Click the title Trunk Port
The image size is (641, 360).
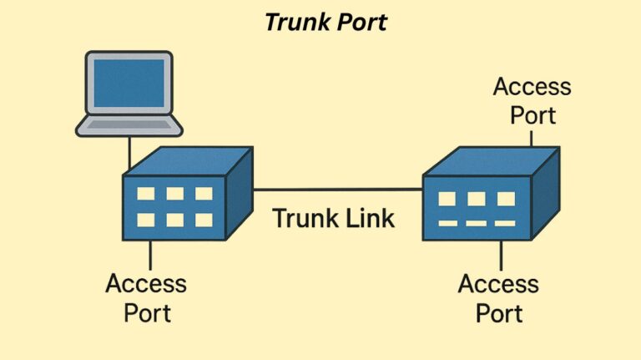coord(326,23)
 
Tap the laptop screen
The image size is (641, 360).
coord(129,84)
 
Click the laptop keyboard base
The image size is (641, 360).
coord(129,126)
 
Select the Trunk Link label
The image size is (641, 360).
coord(334,219)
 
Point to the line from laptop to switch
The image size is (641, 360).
coord(130,152)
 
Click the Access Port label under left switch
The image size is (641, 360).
coord(147,297)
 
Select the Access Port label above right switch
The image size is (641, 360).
coord(532,99)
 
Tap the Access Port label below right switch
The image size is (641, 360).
coord(499,298)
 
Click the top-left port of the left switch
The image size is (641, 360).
coord(145,194)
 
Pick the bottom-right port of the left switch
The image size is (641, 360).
coord(204,220)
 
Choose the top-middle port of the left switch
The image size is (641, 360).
coord(174,194)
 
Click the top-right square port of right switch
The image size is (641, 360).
coord(505,199)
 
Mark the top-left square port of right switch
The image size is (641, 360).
coord(447,199)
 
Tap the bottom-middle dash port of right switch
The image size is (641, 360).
coord(476,223)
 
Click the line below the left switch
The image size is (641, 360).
coord(150,254)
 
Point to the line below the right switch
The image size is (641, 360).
coord(501,254)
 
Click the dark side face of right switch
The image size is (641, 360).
coord(544,196)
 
